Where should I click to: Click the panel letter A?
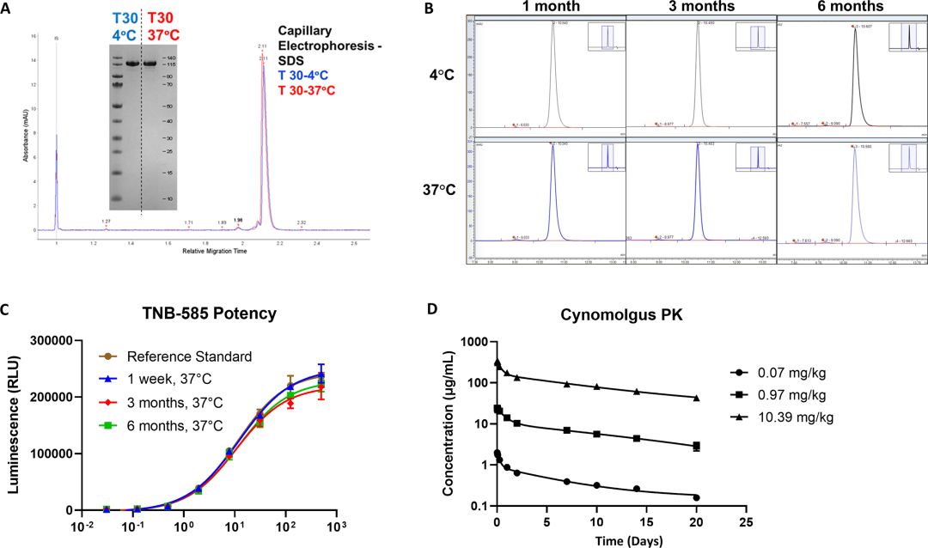(9, 8)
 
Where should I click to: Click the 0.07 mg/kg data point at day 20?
(697, 497)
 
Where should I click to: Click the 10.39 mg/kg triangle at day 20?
(697, 398)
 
